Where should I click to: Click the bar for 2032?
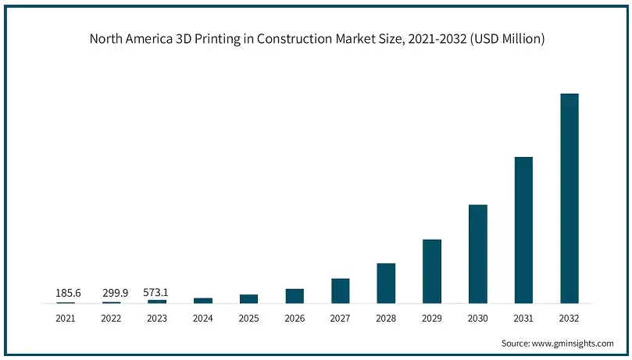569,198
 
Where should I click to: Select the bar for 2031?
523,230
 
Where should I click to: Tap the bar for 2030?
477,254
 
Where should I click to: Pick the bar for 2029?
432,271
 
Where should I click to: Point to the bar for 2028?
386,283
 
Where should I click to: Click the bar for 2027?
341,290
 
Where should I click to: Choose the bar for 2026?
295,295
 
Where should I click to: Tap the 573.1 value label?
156,293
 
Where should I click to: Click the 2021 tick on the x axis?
66,318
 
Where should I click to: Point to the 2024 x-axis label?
203,318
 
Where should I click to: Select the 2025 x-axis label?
249,318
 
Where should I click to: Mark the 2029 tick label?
432,318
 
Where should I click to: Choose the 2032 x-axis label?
570,318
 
